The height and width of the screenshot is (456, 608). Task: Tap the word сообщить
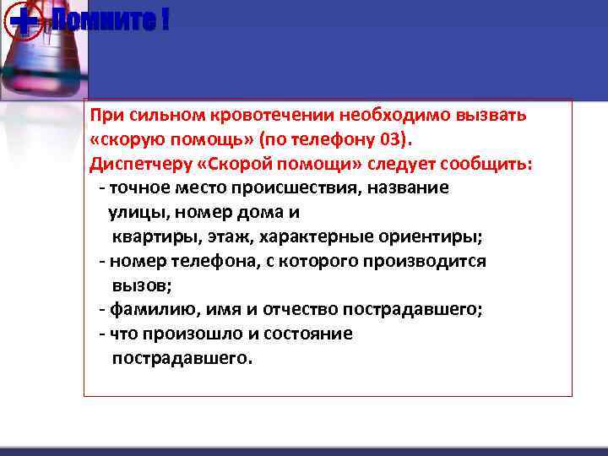click(494, 164)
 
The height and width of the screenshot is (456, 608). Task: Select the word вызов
click(138, 285)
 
